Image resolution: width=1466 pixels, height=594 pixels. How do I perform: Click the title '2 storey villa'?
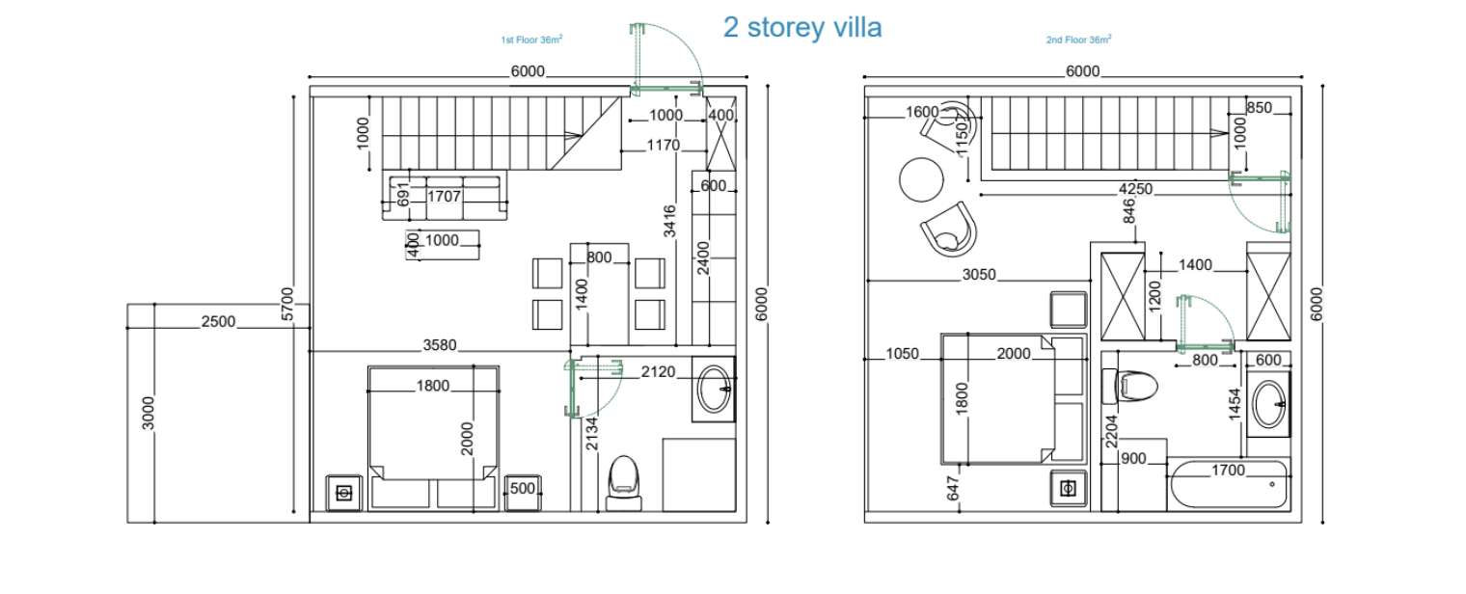point(802,27)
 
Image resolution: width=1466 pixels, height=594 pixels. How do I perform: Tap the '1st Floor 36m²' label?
point(531,40)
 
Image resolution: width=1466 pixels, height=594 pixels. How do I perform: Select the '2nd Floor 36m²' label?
point(1078,40)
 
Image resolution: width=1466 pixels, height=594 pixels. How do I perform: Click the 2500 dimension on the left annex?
point(218,321)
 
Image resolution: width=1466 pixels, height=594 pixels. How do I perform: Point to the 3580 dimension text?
point(440,345)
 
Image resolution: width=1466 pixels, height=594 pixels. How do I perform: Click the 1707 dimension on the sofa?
point(444,197)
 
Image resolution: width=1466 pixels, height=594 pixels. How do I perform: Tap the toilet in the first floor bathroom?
point(624,483)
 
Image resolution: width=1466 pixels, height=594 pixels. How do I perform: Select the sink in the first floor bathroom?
point(714,389)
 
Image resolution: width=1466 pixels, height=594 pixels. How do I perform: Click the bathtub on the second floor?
point(1229,485)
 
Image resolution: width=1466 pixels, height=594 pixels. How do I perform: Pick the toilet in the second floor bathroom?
point(1130,386)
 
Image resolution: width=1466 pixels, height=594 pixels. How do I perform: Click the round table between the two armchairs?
point(921,179)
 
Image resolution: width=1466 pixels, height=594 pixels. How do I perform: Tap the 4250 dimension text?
point(1135,189)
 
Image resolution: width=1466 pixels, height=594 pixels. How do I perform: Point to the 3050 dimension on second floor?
point(979,275)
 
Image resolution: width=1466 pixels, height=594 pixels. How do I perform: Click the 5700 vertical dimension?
point(287,304)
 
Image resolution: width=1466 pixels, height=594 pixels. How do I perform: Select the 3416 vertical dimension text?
point(669,221)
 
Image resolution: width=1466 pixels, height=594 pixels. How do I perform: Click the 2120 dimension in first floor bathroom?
point(658,372)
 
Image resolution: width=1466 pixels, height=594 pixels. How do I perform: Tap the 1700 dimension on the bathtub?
point(1228,471)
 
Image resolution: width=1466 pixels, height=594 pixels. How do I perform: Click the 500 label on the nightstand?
point(523,489)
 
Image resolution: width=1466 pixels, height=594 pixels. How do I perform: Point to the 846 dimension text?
point(1129,211)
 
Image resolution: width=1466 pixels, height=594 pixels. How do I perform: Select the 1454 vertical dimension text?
point(1235,404)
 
